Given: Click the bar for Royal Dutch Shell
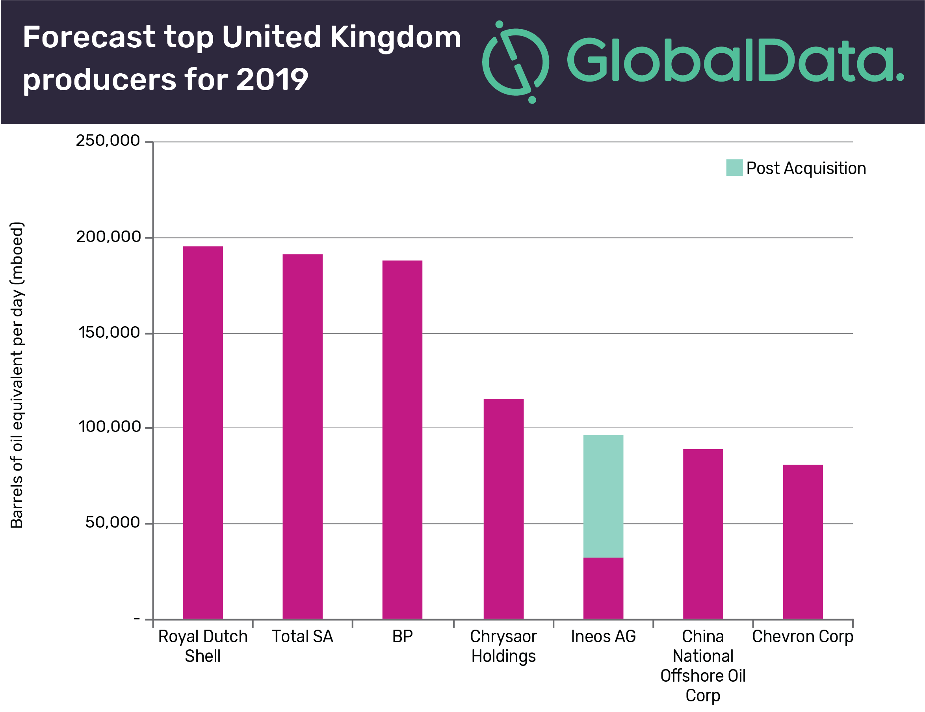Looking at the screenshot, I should click(x=202, y=432).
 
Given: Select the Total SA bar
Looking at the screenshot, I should click(x=303, y=436).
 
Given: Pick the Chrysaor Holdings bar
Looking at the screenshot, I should click(x=503, y=508).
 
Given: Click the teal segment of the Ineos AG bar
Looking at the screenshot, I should click(x=603, y=496).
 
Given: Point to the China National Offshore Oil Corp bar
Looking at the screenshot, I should click(x=703, y=534).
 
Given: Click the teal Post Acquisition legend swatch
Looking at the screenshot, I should click(x=734, y=167).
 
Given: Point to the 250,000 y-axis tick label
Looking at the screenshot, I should click(x=108, y=141).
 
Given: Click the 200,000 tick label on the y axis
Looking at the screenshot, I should click(x=108, y=237).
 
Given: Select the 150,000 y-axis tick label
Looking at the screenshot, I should click(x=109, y=333).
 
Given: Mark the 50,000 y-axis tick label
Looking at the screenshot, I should click(x=112, y=522).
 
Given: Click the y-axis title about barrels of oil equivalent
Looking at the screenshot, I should click(x=17, y=375).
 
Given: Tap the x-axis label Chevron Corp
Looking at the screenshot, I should click(x=802, y=636).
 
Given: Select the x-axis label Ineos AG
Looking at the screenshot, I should click(x=603, y=636).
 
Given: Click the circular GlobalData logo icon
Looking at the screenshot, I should click(x=515, y=62).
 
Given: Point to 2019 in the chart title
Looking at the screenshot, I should click(x=272, y=79).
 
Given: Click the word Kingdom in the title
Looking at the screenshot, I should click(x=395, y=37).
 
